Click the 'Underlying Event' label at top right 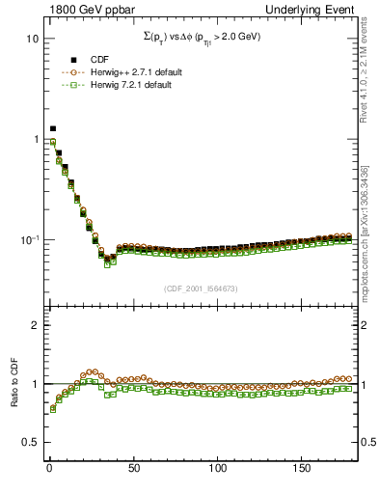tap(320, 9)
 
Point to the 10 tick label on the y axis tap(31, 39)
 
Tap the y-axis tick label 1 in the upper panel tap(34, 139)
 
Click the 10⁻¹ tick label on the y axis tap(28, 238)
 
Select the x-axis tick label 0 tap(48, 468)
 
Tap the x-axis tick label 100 tap(219, 468)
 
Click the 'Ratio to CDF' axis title tap(13, 384)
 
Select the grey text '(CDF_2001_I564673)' tap(203, 288)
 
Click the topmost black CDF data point tap(53, 128)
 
